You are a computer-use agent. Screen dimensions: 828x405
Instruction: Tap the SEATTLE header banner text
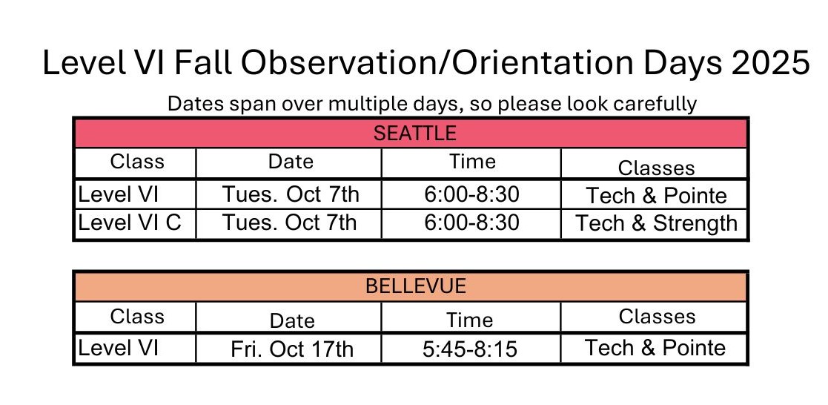pos(414,133)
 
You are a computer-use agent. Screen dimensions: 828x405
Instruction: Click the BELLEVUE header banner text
pos(416,286)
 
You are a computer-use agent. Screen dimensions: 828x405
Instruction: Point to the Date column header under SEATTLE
pos(291,161)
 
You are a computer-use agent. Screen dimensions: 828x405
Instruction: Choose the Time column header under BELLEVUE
pos(469,320)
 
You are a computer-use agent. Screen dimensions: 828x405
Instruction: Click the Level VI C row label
pos(130,222)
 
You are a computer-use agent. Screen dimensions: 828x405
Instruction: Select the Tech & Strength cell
pos(656,223)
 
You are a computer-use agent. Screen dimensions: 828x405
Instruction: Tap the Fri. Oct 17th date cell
pos(291,349)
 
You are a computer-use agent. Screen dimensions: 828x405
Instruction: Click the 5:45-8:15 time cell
pos(470,349)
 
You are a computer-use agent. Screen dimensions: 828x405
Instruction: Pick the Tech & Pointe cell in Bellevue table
pos(655,347)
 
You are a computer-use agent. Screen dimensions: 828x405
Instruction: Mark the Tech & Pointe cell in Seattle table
pos(656,196)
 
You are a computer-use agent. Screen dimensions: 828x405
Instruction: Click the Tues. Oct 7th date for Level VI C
pos(289,222)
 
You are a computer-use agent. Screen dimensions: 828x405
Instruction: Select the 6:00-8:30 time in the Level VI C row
pos(471,222)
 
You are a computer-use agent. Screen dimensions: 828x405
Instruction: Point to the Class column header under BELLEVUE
pos(137,316)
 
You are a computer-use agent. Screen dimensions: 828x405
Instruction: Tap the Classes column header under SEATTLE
pos(656,168)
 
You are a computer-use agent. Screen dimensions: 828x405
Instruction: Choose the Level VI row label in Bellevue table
pos(119,347)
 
